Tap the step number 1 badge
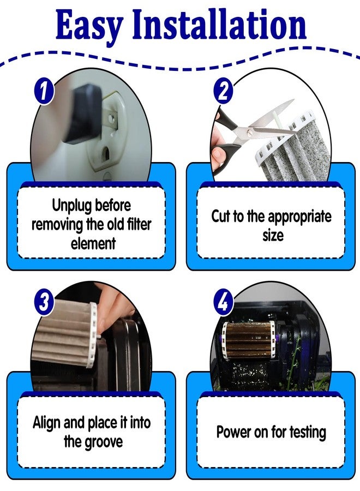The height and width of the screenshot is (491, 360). (x=44, y=91)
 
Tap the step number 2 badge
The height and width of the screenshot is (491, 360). (x=223, y=91)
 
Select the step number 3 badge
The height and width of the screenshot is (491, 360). (x=44, y=302)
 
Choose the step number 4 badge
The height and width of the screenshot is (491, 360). (x=223, y=302)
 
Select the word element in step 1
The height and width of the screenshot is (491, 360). (x=93, y=244)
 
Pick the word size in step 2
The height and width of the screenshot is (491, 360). (x=273, y=236)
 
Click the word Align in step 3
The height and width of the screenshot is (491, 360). (x=47, y=423)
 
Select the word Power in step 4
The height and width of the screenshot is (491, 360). (x=231, y=432)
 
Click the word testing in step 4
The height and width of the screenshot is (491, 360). (x=308, y=433)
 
